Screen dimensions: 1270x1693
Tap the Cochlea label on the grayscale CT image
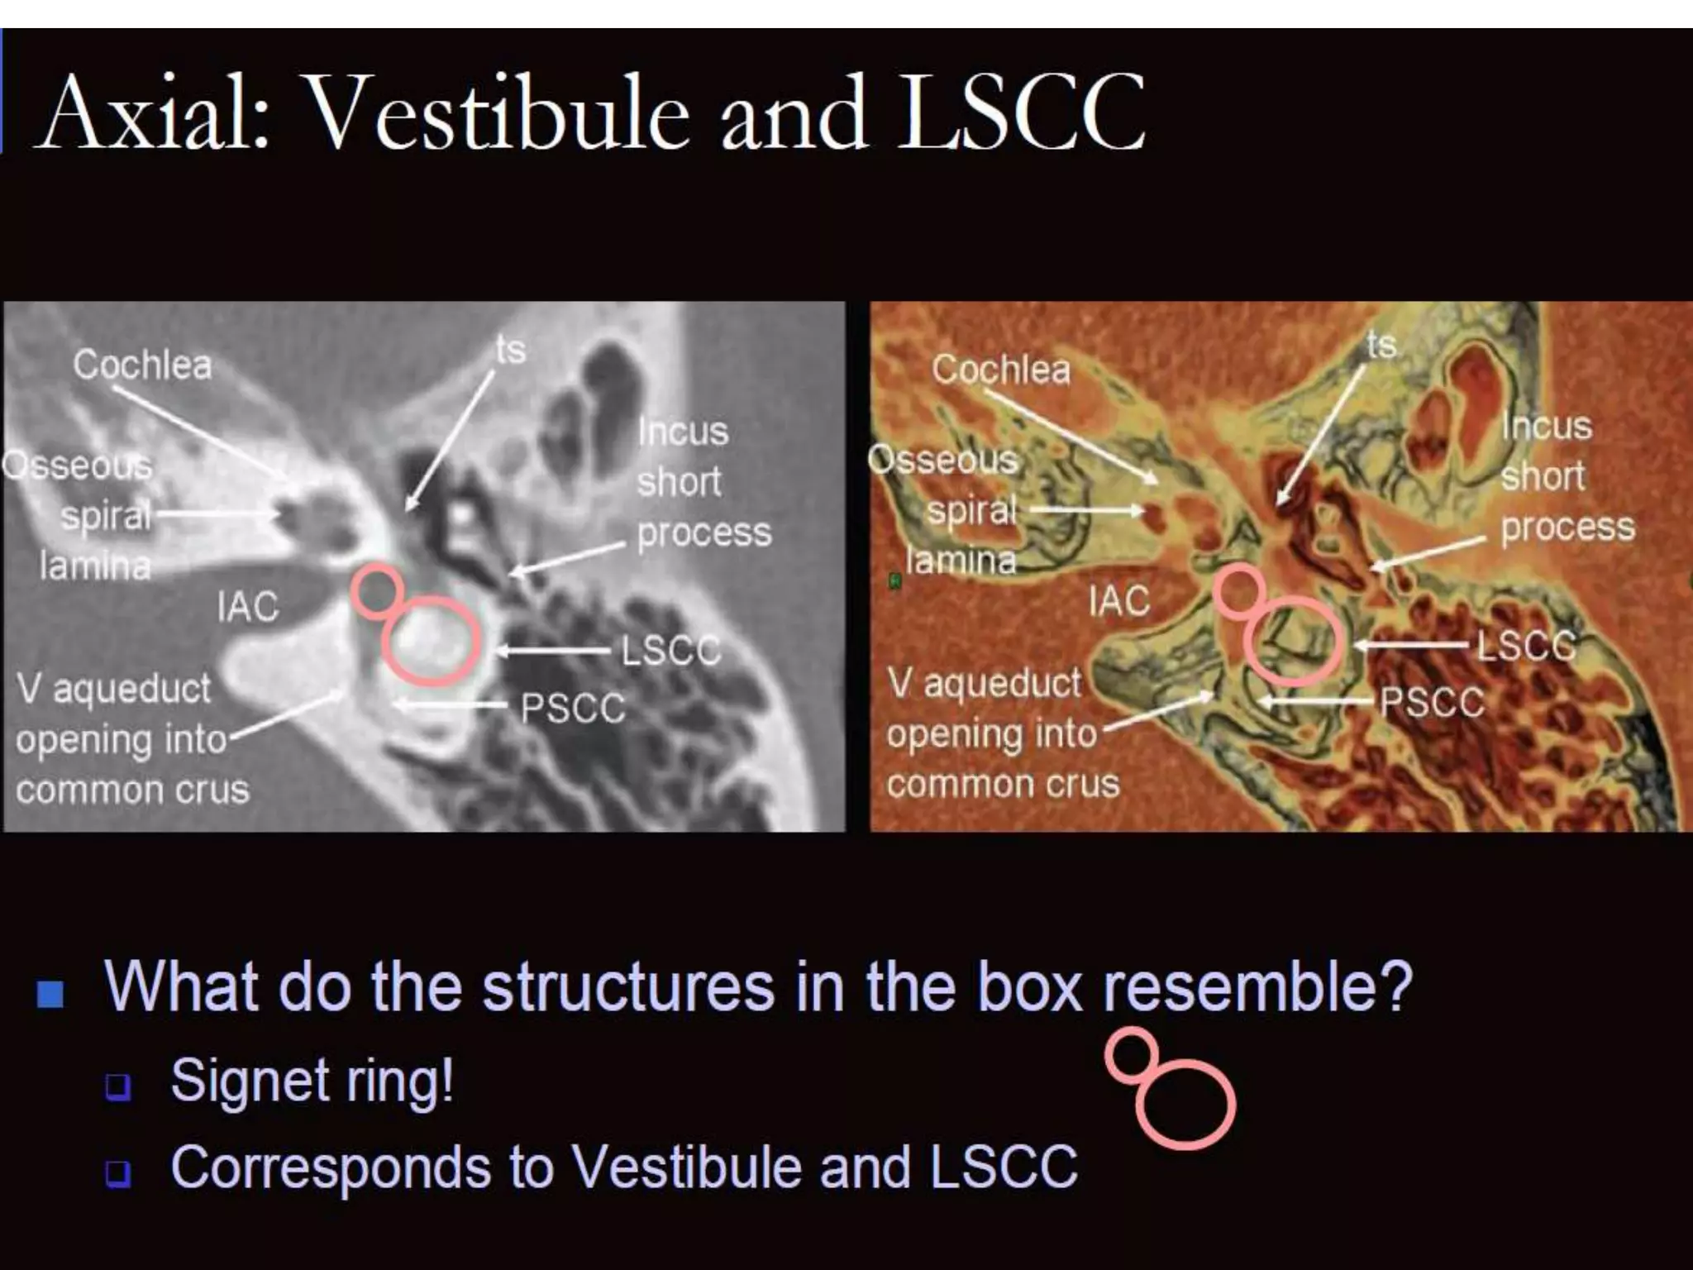pyautogui.click(x=142, y=365)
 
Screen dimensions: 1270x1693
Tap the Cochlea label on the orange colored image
pyautogui.click(x=1001, y=370)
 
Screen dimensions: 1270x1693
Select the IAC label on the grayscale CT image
pyautogui.click(x=248, y=607)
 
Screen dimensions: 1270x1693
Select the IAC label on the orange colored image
pyautogui.click(x=1119, y=601)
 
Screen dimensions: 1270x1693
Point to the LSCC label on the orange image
pyautogui.click(x=1526, y=646)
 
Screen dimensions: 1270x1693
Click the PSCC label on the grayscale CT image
pyautogui.click(x=573, y=708)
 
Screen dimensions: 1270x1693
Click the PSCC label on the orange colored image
pyautogui.click(x=1433, y=703)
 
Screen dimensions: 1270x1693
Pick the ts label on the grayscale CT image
pyautogui.click(x=511, y=350)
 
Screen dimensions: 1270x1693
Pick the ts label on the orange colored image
pyautogui.click(x=1381, y=345)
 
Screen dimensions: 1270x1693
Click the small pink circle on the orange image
pyautogui.click(x=1238, y=590)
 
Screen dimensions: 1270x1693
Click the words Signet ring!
pyautogui.click(x=312, y=1080)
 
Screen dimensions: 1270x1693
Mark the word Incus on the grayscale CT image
pyautogui.click(x=683, y=432)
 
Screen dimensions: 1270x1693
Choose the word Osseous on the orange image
pyautogui.click(x=943, y=460)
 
